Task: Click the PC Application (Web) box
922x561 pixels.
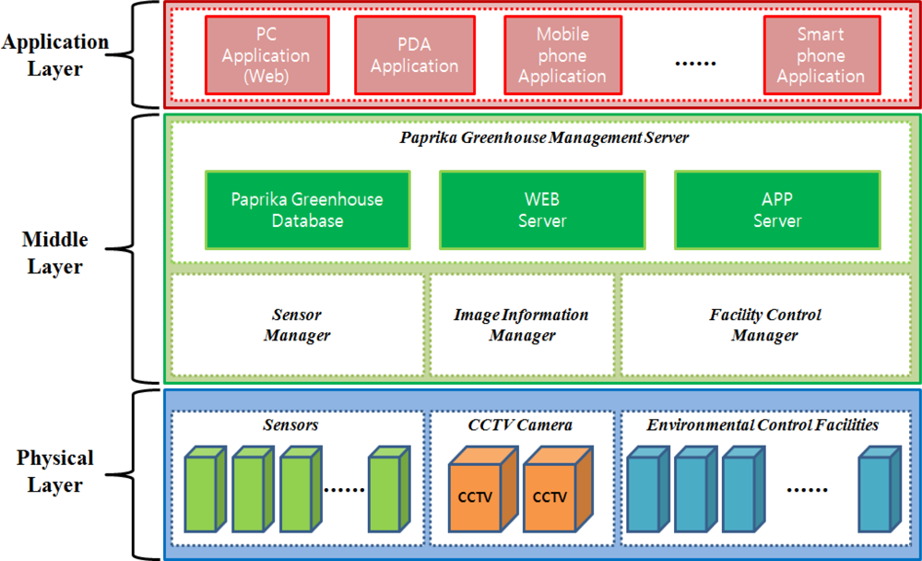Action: click(266, 55)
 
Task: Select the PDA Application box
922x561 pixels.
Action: click(414, 55)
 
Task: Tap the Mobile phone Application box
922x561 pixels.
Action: click(561, 55)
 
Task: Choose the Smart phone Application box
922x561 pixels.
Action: click(821, 55)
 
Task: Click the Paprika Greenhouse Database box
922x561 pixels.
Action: click(307, 210)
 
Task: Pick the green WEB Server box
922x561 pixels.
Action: click(542, 210)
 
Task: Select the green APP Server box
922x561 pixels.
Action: click(777, 210)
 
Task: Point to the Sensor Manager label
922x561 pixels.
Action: click(297, 325)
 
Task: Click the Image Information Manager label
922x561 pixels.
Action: click(521, 325)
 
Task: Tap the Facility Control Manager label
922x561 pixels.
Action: click(765, 325)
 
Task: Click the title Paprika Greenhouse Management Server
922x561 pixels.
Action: click(544, 137)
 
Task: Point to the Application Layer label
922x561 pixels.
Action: click(55, 55)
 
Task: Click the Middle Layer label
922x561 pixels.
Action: click(55, 254)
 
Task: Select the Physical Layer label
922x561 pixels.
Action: click(55, 471)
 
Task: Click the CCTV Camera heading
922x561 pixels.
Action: click(520, 425)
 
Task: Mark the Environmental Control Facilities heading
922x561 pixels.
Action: click(762, 425)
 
